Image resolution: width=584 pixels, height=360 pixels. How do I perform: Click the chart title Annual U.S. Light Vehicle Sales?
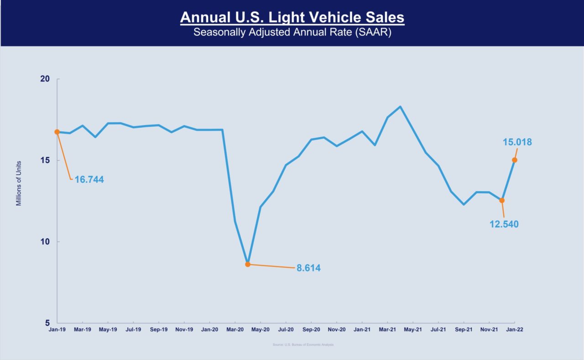pos(292,18)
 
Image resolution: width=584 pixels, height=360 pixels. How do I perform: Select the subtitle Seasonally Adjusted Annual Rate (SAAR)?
pos(292,33)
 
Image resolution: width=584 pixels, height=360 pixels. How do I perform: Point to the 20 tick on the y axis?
pos(44,79)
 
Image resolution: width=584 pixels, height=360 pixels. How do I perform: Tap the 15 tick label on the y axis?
pos(44,160)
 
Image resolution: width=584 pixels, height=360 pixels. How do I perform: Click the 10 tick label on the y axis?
pos(44,241)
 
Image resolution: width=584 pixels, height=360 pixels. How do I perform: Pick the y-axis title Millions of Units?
pos(19,183)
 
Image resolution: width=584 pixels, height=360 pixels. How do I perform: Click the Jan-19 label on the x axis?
pos(57,329)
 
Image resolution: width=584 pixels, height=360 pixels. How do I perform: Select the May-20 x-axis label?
pos(260,329)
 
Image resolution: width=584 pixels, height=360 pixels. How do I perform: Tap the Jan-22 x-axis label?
pos(515,329)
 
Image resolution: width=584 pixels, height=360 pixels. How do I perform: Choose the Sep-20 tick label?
pos(311,329)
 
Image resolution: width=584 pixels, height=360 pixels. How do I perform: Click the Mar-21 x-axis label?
pos(387,329)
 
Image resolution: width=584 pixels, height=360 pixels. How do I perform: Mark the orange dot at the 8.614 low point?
pos(248,264)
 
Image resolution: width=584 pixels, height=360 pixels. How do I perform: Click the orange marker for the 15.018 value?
pos(515,160)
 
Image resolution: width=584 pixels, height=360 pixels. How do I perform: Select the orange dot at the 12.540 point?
pos(502,200)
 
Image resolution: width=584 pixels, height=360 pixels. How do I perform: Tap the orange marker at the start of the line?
pos(57,132)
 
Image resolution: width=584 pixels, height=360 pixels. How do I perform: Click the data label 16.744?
pos(89,180)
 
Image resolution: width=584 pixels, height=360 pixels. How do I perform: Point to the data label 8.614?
pos(308,268)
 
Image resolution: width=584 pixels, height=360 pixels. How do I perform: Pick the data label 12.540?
pos(504,224)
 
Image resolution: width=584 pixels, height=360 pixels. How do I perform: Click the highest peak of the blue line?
pos(400,107)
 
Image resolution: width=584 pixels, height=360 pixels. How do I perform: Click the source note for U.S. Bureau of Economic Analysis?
pos(303,345)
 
